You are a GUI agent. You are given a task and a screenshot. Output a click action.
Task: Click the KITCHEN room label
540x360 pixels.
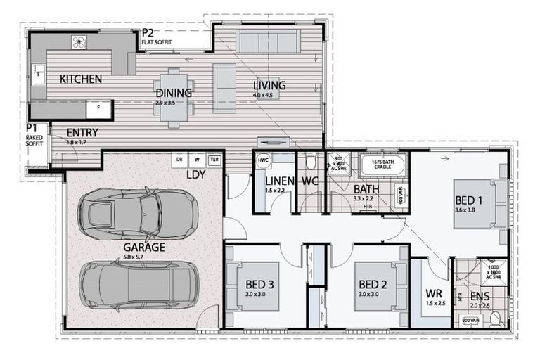click(81, 79)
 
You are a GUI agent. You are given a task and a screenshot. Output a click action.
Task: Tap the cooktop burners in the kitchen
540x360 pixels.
click(79, 43)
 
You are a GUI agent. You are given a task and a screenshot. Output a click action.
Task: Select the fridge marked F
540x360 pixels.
click(99, 109)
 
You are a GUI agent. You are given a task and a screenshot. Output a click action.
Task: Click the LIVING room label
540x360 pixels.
click(269, 86)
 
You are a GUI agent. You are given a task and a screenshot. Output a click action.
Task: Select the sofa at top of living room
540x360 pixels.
click(269, 41)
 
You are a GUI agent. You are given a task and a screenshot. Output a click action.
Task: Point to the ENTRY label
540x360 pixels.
click(82, 132)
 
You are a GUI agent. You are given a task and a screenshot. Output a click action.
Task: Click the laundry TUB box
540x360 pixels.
click(214, 160)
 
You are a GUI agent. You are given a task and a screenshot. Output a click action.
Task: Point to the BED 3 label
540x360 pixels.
click(259, 284)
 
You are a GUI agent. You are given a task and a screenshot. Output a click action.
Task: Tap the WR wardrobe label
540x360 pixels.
click(433, 293)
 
